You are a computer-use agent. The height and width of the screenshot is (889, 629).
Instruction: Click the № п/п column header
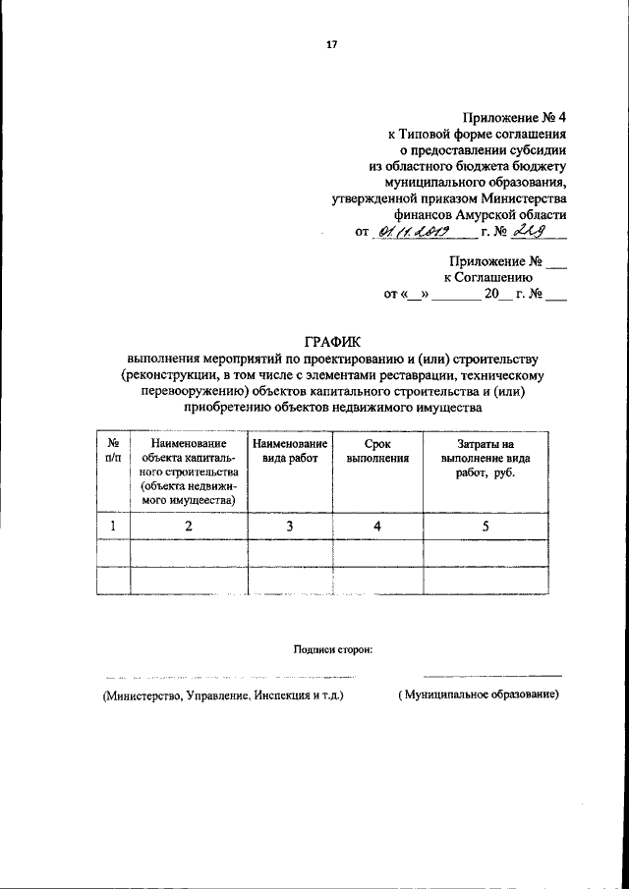113,451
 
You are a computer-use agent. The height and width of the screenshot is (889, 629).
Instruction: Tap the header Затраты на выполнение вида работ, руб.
478,458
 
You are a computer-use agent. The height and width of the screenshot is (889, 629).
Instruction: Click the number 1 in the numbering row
113,527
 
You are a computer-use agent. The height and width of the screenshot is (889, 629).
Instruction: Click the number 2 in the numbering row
189,527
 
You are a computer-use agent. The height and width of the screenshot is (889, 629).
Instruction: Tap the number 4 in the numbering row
377,527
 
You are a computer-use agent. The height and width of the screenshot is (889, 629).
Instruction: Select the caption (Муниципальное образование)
478,695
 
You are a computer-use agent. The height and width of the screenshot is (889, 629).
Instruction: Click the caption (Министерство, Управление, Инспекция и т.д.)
218,695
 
